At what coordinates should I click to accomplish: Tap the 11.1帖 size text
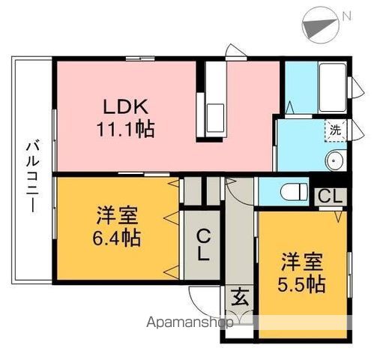pos(124,129)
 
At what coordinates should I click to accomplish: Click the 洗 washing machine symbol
pos(334,129)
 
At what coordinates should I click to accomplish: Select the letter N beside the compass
pos(346,16)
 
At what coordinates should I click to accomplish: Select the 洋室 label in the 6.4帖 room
pos(117,216)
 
